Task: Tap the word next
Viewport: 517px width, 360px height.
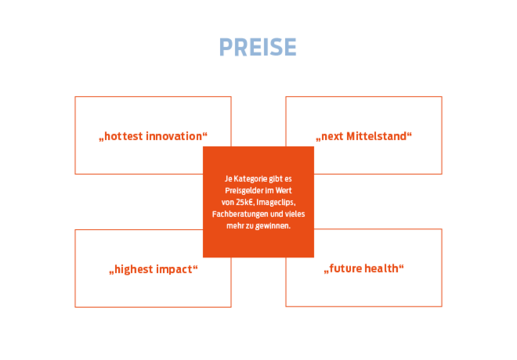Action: (332, 136)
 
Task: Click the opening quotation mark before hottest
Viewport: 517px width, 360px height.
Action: (101, 140)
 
